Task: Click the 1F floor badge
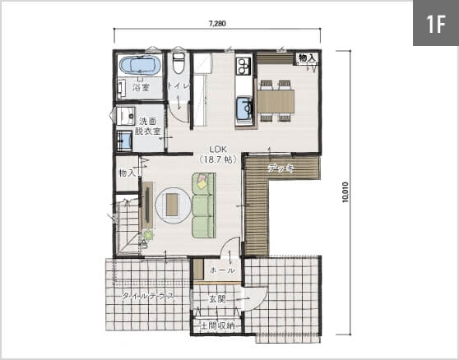tap(436, 23)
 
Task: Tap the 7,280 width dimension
tap(217, 23)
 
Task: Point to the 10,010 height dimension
tap(345, 192)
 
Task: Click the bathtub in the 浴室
tap(140, 65)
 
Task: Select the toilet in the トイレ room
tap(178, 62)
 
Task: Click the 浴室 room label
tap(141, 87)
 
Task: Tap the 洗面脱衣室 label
tap(147, 126)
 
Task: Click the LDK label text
tap(218, 149)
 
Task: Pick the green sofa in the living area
tap(204, 205)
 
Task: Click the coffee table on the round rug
tap(172, 205)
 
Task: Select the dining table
tap(276, 101)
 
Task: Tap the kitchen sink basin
tap(244, 109)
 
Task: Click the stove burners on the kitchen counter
tap(243, 67)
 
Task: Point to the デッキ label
tap(280, 168)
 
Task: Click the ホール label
tap(222, 270)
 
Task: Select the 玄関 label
tap(217, 299)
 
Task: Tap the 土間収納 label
tap(217, 325)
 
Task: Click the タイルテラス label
tap(147, 296)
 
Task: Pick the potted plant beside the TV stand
tap(148, 235)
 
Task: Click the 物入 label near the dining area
tap(307, 58)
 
